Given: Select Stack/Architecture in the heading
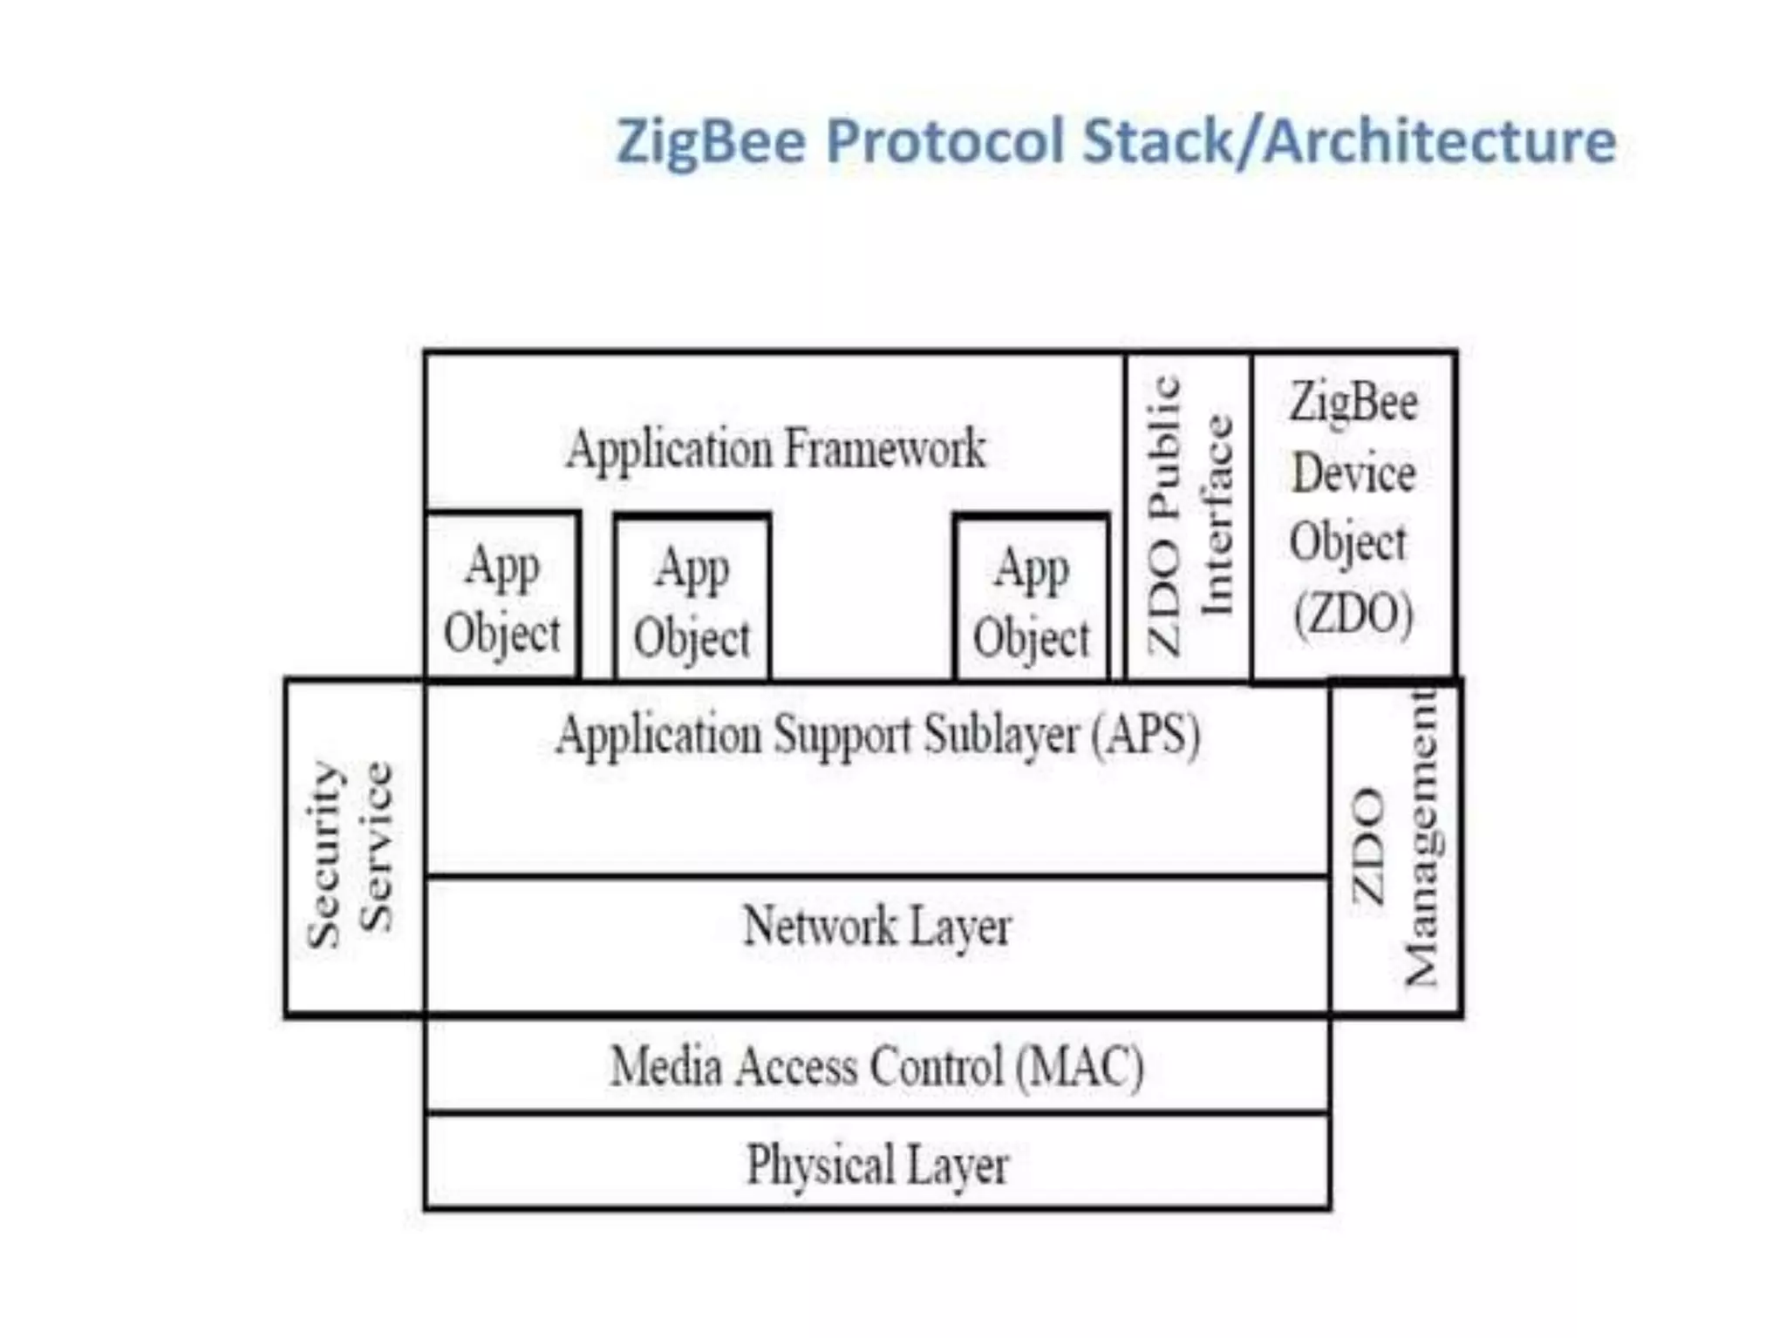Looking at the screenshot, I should tap(1349, 141).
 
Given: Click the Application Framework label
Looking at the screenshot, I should tap(775, 449).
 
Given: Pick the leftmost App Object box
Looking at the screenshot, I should tap(502, 598).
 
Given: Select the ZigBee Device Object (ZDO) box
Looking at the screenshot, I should tap(1353, 514).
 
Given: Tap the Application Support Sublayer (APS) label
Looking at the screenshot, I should tap(877, 735).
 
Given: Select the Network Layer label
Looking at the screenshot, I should tap(877, 927).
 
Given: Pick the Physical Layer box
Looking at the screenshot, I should tap(877, 1164).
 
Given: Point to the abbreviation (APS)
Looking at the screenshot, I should tap(1146, 735).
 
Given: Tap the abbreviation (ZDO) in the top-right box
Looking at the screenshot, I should tap(1353, 615).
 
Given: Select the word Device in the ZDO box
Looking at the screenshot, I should tap(1353, 474).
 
